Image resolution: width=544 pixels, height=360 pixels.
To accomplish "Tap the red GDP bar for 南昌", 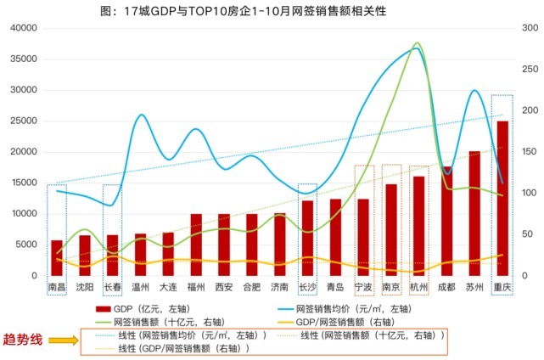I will pos(57,258).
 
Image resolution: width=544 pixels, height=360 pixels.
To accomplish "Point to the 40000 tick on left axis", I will pos(24,28).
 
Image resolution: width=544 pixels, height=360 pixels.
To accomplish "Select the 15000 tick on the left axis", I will pos(24,183).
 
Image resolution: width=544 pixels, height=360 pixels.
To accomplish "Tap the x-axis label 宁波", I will pos(363,288).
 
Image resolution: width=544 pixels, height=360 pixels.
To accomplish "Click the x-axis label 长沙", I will pos(307,288).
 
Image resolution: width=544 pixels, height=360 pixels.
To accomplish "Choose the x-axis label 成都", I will pos(446,288).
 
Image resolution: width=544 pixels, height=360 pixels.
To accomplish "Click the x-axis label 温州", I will pos(140,288).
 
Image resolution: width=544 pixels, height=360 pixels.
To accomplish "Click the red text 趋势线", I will pos(24,341).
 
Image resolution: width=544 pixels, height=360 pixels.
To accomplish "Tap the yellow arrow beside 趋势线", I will pos(63,341).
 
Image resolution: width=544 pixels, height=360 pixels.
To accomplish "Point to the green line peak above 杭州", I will pos(418,43).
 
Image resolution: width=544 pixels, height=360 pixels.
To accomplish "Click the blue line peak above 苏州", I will pos(474,90).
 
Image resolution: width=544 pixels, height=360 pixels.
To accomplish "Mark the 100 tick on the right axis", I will pos(524,194).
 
